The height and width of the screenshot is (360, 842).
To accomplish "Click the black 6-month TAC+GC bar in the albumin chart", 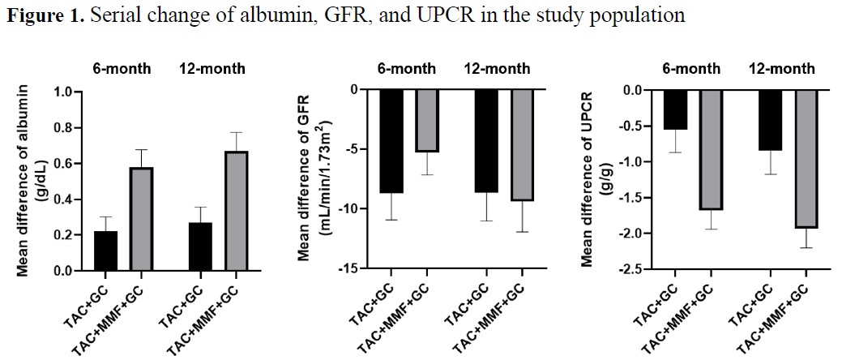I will click(105, 251).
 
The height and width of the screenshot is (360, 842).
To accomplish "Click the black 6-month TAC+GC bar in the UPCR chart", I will click(676, 109).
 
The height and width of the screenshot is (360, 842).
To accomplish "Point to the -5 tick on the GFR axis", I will click(354, 150).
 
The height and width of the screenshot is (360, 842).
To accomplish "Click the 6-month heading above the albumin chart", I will click(120, 67).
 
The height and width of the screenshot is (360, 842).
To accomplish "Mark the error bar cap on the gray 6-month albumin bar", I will click(142, 150).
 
